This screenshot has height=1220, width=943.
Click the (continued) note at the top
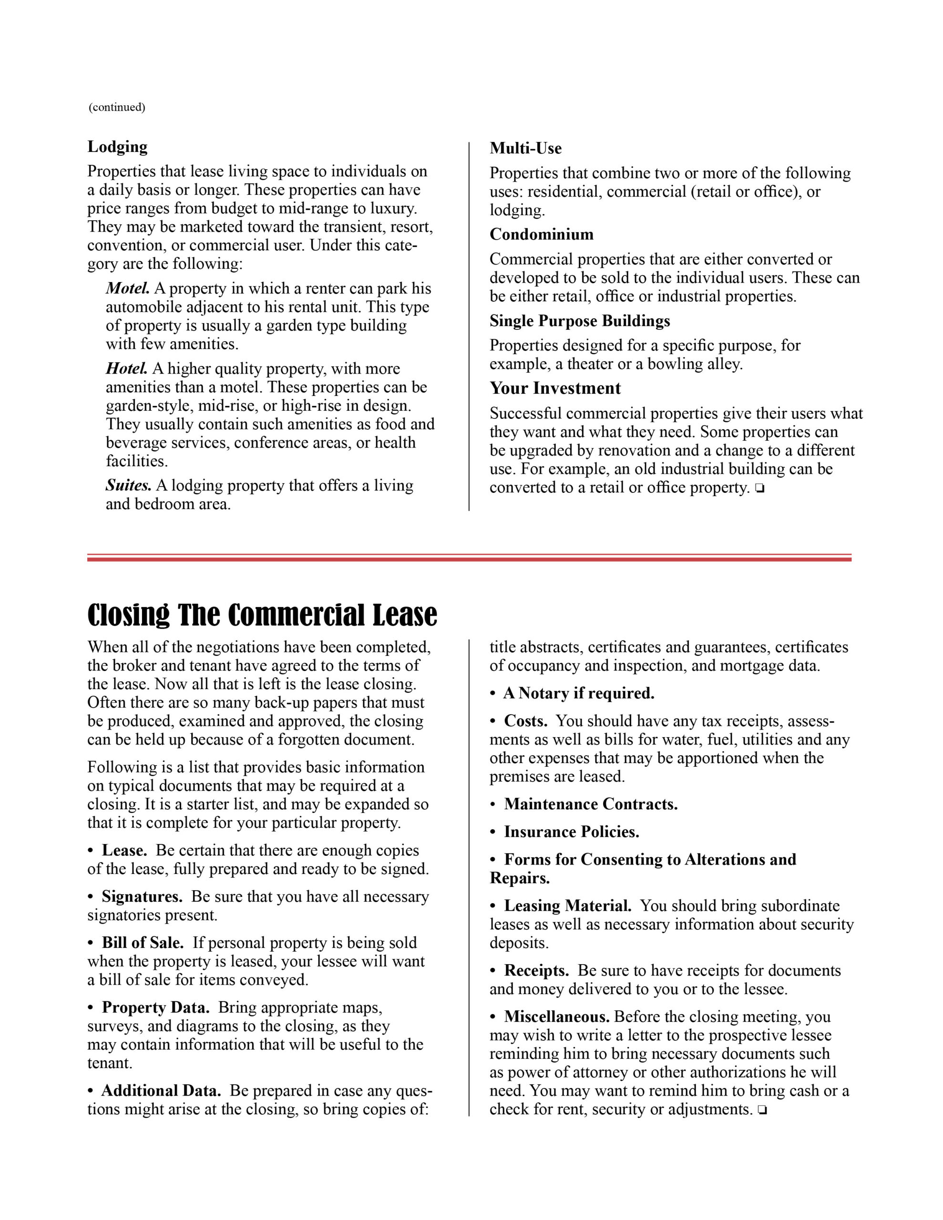click(x=117, y=107)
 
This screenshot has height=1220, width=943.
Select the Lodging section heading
click(x=117, y=147)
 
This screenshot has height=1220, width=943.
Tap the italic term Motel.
click(x=127, y=288)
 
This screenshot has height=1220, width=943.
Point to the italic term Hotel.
click(x=126, y=369)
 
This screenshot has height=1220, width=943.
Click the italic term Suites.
click(x=128, y=486)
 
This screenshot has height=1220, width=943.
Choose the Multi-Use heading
click(x=525, y=149)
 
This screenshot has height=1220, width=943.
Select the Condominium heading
click(x=541, y=234)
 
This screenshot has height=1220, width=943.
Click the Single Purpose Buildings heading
click(x=579, y=321)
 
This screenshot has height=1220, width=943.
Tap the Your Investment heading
click(x=554, y=388)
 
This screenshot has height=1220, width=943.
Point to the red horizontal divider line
click(x=469, y=558)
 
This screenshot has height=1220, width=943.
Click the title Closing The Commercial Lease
click(x=262, y=616)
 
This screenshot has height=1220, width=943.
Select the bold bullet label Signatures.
click(x=142, y=897)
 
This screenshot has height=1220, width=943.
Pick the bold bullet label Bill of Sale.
click(x=143, y=944)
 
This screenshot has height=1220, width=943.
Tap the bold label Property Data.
click(x=155, y=1008)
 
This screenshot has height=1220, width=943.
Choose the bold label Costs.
click(x=525, y=721)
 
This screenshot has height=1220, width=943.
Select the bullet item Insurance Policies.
click(x=571, y=833)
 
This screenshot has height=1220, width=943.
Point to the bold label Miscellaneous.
click(x=557, y=1017)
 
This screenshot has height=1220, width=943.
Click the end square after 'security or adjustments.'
click(x=761, y=1110)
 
